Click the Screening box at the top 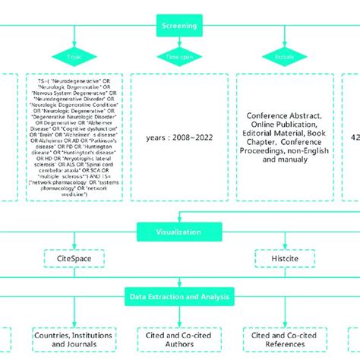point(179,25)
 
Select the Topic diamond point(73,56)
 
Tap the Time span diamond point(178,56)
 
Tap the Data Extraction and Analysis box point(179,297)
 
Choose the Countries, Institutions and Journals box point(74,339)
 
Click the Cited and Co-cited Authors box point(179,339)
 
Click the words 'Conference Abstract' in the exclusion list point(284,116)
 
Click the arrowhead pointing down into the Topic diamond point(73,43)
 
